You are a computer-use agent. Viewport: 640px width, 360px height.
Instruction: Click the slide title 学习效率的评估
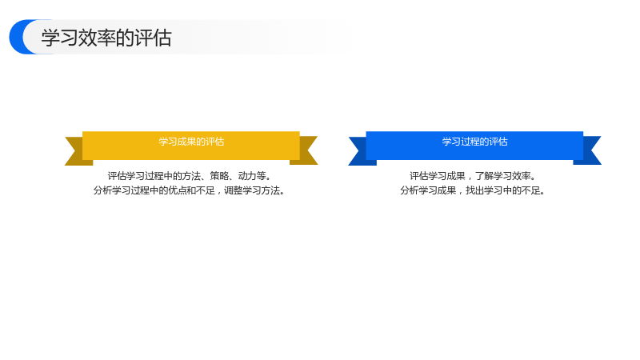[106, 38]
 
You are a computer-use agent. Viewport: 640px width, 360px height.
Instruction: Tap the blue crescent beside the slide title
[17, 37]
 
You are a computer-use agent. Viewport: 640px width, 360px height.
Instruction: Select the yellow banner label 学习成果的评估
[191, 142]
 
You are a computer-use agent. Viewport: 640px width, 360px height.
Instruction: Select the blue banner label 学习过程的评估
[474, 142]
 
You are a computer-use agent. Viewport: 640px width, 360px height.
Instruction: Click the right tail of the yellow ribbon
[306, 150]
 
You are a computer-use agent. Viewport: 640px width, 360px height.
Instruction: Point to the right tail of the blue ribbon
[590, 150]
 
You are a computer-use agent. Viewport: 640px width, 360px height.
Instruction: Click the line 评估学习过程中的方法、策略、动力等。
[190, 176]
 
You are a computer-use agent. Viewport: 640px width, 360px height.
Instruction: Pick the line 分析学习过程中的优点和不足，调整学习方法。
[190, 190]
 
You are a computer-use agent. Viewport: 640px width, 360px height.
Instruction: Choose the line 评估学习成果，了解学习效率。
[473, 176]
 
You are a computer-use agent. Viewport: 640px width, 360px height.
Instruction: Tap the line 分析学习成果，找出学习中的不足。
[473, 190]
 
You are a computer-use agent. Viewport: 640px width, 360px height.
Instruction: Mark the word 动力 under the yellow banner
[247, 176]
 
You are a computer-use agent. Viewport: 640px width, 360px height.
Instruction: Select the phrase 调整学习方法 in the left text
[252, 190]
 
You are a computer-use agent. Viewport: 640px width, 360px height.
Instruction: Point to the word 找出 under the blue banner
[474, 190]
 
